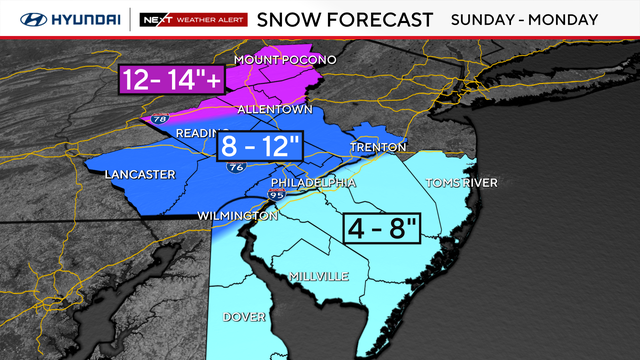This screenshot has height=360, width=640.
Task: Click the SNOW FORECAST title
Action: point(345,18)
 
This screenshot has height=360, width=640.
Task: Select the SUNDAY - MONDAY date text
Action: point(538,18)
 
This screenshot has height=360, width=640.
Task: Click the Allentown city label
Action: point(276,109)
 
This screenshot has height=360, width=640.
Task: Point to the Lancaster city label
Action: point(140,175)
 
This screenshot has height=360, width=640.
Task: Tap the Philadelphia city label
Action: point(314,183)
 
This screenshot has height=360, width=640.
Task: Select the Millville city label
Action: point(318,275)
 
